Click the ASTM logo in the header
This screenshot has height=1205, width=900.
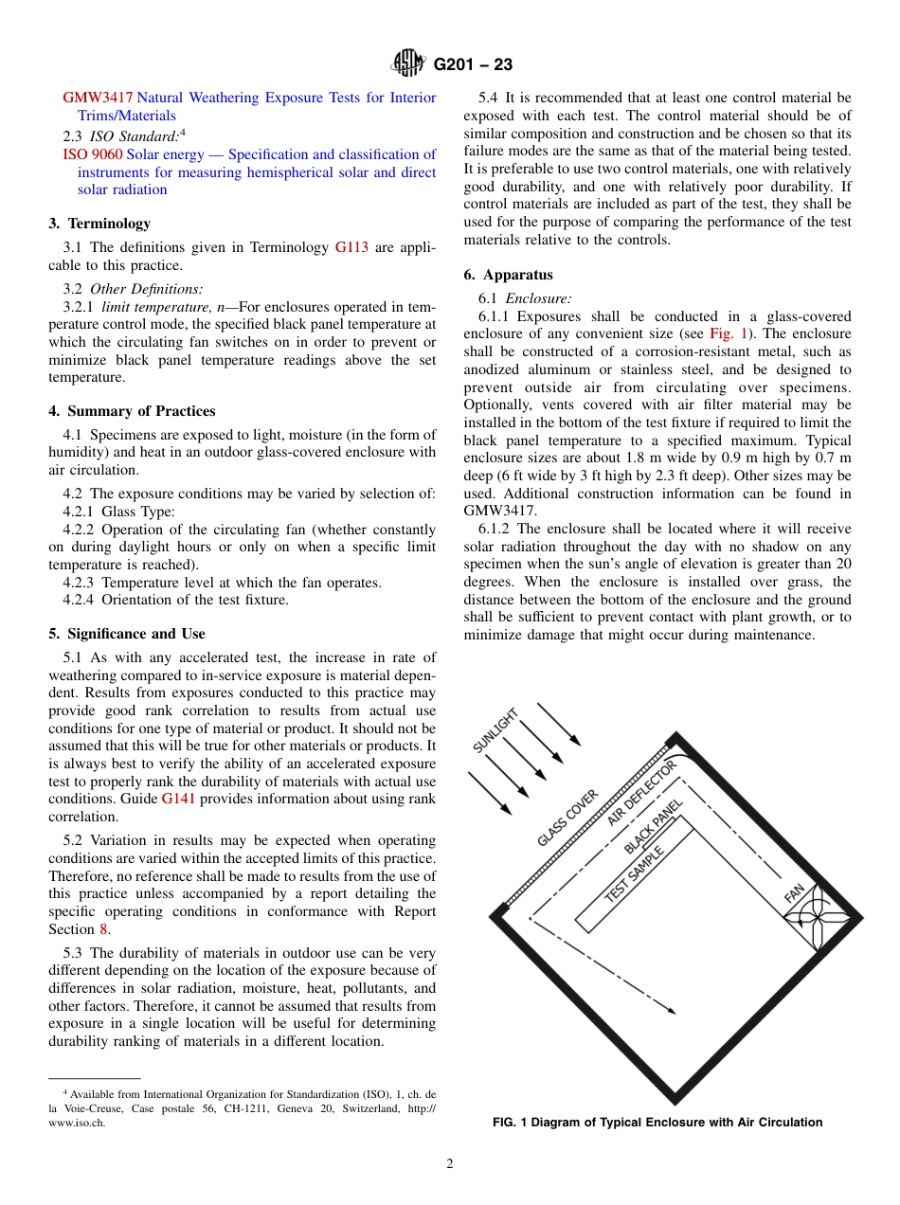point(409,64)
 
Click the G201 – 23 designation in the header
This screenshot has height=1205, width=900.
point(473,65)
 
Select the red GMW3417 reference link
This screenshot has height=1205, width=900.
point(98,98)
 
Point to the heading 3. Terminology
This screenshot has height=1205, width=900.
point(99,224)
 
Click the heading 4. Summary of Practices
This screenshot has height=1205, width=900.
point(132,411)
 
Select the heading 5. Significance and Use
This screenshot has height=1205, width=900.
point(126,634)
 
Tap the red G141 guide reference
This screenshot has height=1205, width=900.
point(178,799)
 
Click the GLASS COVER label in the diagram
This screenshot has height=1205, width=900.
point(567,818)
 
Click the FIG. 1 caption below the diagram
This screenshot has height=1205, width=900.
point(657,1123)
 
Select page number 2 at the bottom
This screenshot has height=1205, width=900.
point(450,1164)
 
